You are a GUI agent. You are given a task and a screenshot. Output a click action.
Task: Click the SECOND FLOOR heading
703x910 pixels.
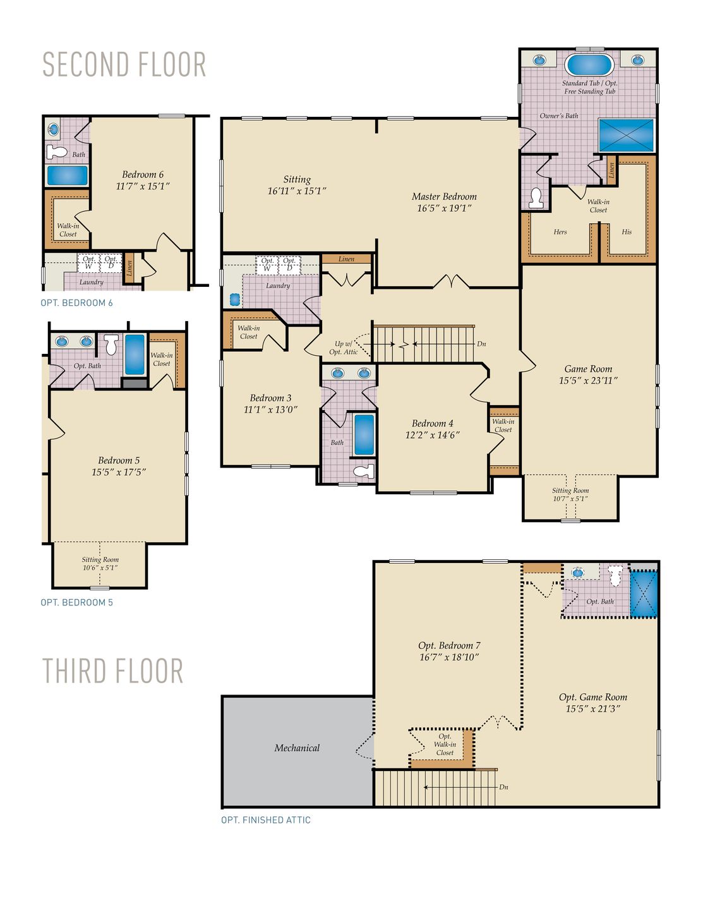[124, 65]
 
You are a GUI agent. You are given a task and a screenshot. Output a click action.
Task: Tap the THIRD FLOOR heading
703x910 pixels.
[113, 671]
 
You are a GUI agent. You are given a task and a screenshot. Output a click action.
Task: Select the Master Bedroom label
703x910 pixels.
[444, 197]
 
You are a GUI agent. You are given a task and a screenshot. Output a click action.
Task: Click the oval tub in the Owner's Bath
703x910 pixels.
[589, 64]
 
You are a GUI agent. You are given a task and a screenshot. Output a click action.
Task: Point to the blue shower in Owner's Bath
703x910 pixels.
[626, 135]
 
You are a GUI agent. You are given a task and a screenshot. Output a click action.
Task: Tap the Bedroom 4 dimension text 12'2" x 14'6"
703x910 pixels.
[432, 435]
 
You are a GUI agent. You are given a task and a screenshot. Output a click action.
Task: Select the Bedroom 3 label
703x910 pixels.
[270, 398]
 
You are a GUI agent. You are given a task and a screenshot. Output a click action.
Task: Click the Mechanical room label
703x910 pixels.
[297, 748]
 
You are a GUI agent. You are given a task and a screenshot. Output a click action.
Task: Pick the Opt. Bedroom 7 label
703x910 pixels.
[449, 646]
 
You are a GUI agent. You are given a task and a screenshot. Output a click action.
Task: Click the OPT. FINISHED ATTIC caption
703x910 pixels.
[266, 820]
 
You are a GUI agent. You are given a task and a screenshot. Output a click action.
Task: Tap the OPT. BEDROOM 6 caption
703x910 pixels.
[77, 303]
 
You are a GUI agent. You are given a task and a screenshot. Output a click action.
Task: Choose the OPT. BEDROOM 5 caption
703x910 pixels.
[77, 603]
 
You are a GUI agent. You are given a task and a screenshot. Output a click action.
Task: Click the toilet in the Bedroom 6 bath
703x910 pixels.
[57, 152]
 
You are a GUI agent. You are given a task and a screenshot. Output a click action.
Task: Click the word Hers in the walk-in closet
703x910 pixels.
[560, 232]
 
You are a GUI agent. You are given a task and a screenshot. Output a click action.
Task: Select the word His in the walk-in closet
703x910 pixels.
[627, 232]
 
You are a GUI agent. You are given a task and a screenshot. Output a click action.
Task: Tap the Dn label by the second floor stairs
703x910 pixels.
[481, 344]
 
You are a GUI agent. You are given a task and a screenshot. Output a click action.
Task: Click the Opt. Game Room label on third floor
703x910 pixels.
[593, 697]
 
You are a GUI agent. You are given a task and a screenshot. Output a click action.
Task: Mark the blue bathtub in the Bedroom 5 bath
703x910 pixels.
[135, 355]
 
